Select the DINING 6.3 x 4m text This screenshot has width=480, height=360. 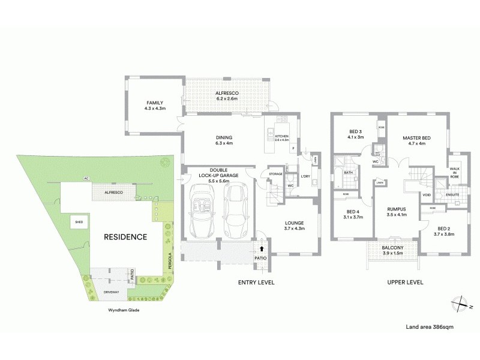(224, 140)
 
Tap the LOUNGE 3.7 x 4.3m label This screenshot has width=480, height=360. (294, 225)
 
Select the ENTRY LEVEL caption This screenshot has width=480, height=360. (256, 282)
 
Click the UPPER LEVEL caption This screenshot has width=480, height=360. (406, 282)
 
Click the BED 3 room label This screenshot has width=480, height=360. (356, 134)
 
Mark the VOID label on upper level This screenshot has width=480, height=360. (427, 195)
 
